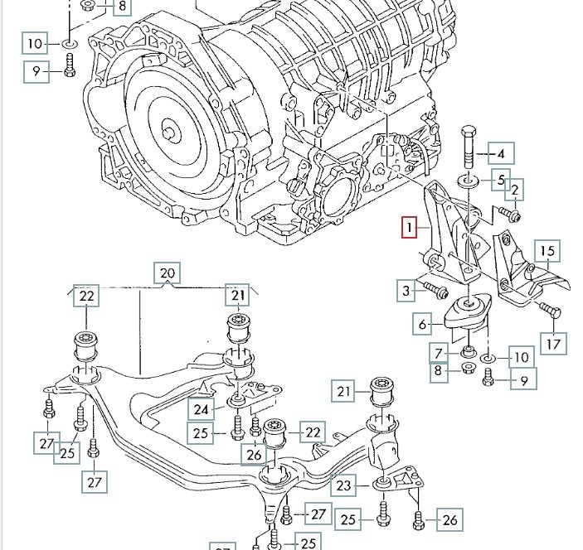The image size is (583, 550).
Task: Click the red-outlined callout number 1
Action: (x=408, y=227)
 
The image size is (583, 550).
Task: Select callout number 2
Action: (x=514, y=190)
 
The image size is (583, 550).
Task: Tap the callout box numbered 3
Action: (x=406, y=290)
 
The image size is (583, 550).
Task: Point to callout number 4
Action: (x=501, y=153)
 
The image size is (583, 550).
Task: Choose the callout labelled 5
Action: (x=501, y=179)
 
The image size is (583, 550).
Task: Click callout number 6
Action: (x=421, y=324)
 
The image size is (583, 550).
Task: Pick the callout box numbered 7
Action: (x=438, y=355)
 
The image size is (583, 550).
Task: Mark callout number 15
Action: (x=547, y=252)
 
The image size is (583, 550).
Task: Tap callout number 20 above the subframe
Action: (x=167, y=273)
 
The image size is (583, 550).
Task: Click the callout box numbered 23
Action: (x=343, y=485)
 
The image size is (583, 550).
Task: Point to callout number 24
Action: (x=202, y=408)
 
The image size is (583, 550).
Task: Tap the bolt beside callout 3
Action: (x=436, y=291)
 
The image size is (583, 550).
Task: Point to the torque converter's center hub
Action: (x=169, y=131)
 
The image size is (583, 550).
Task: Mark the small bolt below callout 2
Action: (x=511, y=216)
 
